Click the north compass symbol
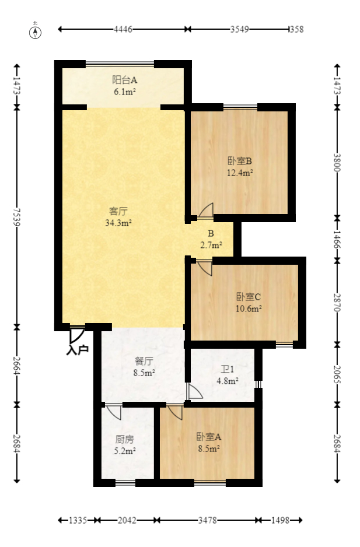(x=36, y=31)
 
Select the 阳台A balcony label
(x=124, y=80)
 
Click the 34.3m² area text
(x=118, y=223)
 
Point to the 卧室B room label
(x=239, y=161)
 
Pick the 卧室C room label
(x=249, y=296)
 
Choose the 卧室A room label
(x=208, y=436)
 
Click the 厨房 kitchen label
(x=124, y=439)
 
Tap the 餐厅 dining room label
(x=144, y=360)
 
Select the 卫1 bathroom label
(x=227, y=369)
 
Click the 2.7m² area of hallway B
(x=210, y=246)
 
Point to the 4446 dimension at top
(x=123, y=29)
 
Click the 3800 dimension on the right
(x=337, y=162)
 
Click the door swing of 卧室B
(x=206, y=211)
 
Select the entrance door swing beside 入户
(x=76, y=335)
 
